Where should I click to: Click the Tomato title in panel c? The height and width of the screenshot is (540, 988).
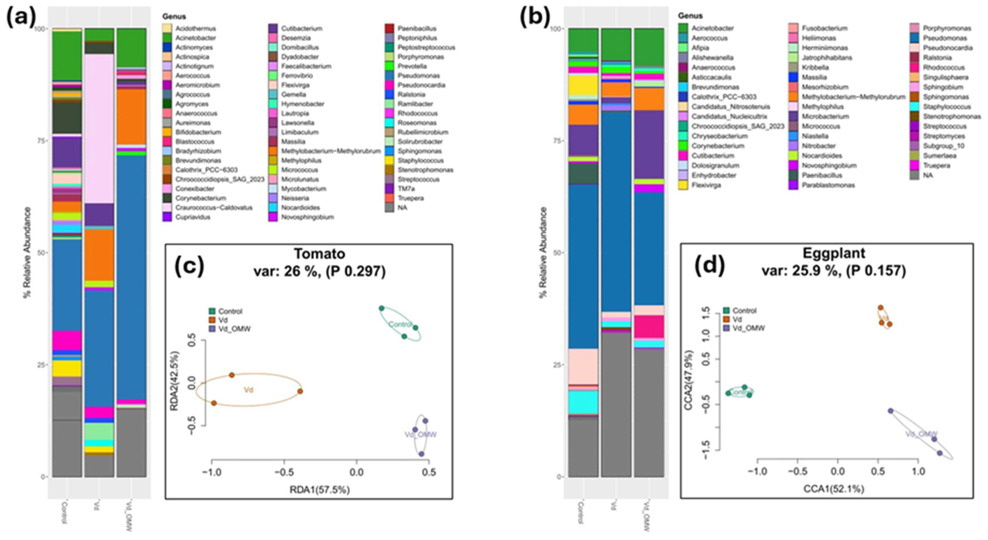coord(319,254)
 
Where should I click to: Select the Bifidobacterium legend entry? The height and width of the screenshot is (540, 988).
coord(198,132)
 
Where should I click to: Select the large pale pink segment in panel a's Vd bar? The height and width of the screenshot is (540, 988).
coord(99,128)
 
